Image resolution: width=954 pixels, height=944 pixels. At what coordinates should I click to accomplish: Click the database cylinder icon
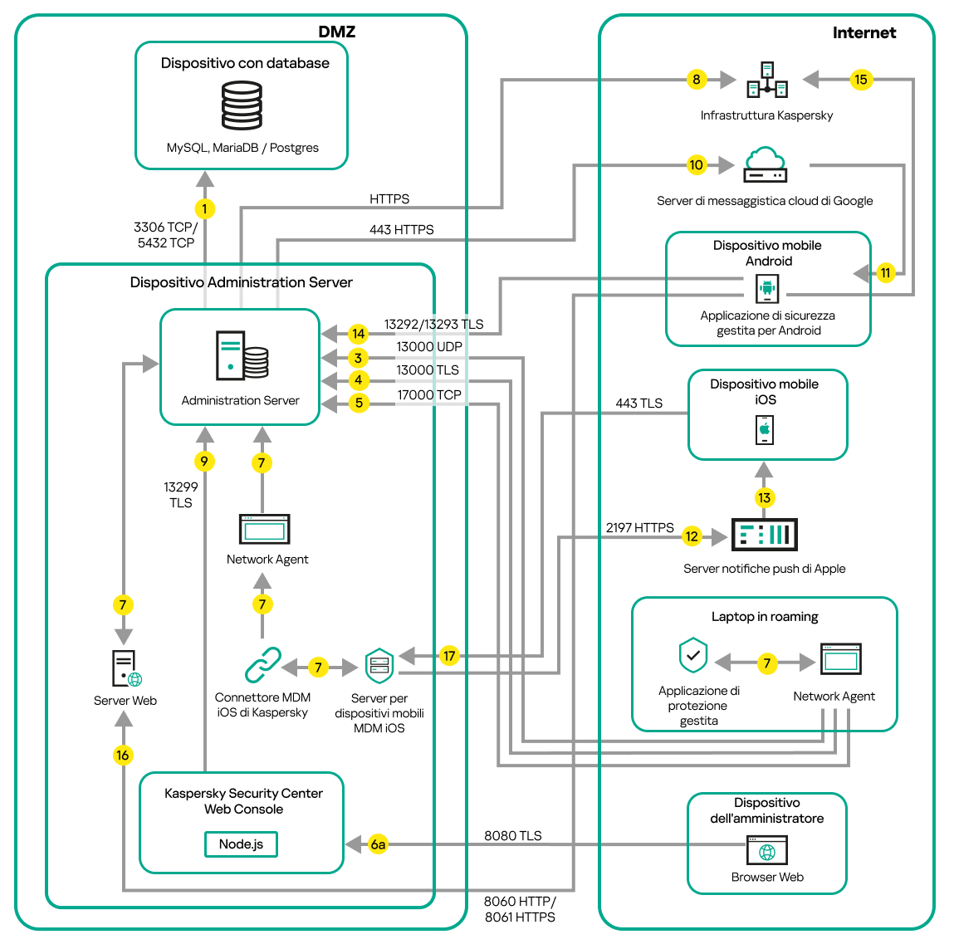pyautogui.click(x=242, y=105)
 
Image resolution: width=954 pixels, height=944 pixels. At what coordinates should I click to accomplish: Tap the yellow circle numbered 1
pyautogui.click(x=204, y=208)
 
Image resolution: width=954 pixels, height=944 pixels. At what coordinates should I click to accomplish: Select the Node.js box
pyautogui.click(x=241, y=844)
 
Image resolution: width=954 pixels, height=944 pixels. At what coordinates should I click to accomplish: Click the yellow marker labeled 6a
pyautogui.click(x=378, y=844)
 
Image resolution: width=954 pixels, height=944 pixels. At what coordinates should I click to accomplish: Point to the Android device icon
pyautogui.click(x=766, y=289)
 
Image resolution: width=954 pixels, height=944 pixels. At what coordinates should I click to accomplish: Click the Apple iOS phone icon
pyautogui.click(x=765, y=429)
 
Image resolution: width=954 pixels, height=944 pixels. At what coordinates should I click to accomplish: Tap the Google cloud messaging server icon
pyautogui.click(x=765, y=164)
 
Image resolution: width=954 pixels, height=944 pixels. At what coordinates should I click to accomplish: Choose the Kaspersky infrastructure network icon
pyautogui.click(x=766, y=80)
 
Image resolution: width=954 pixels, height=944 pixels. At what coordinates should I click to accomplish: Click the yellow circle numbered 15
pyautogui.click(x=861, y=80)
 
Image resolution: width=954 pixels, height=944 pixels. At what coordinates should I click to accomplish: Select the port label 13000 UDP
pyautogui.click(x=428, y=347)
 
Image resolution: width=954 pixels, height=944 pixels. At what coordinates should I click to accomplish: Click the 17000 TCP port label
pyautogui.click(x=428, y=395)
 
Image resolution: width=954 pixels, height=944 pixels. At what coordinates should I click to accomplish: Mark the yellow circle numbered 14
pyautogui.click(x=358, y=334)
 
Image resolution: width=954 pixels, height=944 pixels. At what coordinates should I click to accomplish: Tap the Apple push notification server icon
pyautogui.click(x=764, y=535)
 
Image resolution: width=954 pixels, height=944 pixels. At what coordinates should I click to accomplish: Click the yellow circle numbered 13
pyautogui.click(x=764, y=497)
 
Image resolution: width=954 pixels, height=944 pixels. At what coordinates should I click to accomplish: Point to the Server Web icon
pyautogui.click(x=126, y=668)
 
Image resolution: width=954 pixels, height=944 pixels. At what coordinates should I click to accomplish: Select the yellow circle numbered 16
pyautogui.click(x=123, y=755)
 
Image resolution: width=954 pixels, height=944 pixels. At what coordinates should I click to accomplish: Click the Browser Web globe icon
pyautogui.click(x=767, y=850)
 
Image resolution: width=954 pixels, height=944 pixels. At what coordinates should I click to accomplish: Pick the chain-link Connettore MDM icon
pyautogui.click(x=262, y=665)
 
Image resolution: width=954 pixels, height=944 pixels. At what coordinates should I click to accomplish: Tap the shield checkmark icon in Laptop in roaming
pyautogui.click(x=692, y=655)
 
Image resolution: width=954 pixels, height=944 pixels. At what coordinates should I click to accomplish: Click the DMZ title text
pyautogui.click(x=336, y=32)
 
